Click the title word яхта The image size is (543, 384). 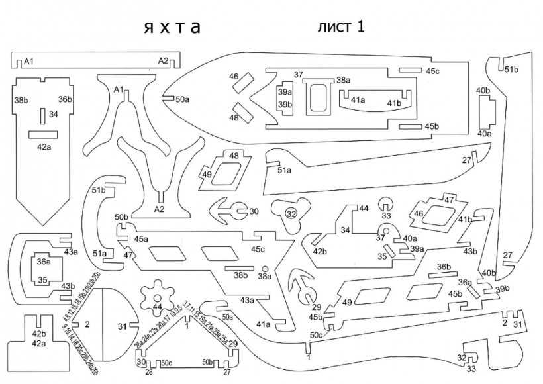coord(172,28)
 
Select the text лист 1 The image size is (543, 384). coord(341,26)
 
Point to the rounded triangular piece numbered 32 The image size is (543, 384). coord(291,213)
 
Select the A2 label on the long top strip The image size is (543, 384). coord(163,62)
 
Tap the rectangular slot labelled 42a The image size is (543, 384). coord(44,134)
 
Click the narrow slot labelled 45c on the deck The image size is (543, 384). coord(411,70)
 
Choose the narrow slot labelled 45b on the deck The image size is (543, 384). coord(411,126)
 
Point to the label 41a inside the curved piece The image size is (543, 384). coord(358,101)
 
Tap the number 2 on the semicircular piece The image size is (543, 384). coord(87,324)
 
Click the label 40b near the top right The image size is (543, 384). coord(483,90)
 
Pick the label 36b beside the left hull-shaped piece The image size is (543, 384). coord(64,99)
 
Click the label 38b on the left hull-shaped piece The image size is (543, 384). coord(21,100)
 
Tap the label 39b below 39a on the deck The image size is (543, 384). coord(285,105)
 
